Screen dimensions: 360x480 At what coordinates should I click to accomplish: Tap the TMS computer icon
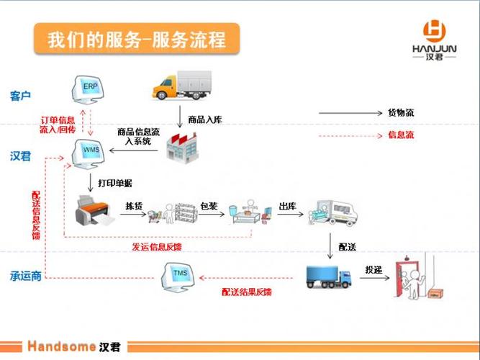(x=180, y=275)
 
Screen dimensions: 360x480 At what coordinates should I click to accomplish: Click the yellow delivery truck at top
(x=181, y=86)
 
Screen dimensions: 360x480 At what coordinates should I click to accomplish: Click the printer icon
(x=94, y=210)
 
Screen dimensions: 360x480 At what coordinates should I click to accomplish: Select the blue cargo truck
(x=327, y=276)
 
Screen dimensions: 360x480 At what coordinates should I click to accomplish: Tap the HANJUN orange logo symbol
(x=435, y=30)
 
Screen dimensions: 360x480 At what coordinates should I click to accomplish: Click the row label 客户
(x=21, y=96)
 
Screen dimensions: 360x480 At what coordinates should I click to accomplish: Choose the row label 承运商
(x=25, y=275)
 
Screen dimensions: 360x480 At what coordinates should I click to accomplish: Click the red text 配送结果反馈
(x=247, y=292)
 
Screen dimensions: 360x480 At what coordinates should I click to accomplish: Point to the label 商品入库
(x=205, y=120)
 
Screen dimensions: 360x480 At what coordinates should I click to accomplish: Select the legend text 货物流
(x=400, y=112)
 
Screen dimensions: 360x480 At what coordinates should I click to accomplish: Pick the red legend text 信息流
(x=400, y=135)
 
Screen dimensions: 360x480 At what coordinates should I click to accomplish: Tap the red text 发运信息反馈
(x=156, y=247)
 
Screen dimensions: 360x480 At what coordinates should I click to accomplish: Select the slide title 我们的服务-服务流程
(x=136, y=38)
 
